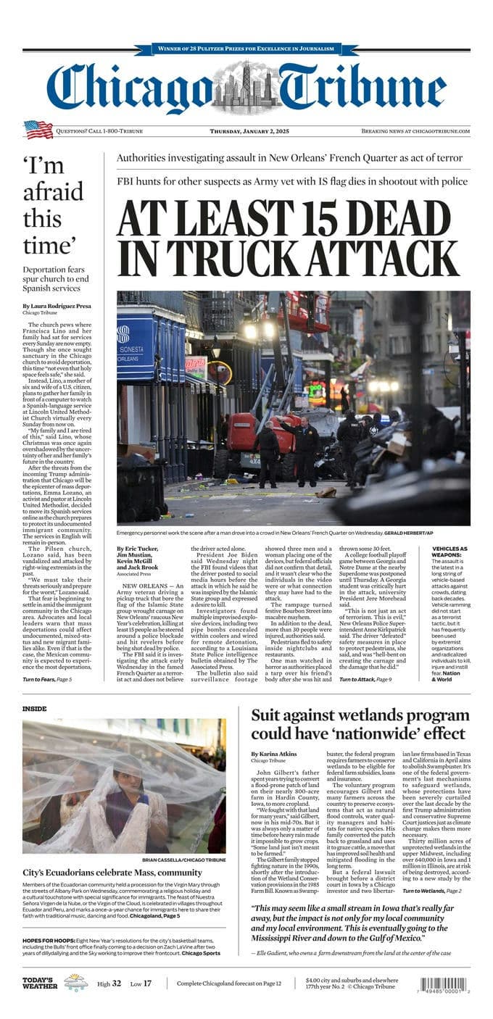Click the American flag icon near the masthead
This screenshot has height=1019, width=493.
pyautogui.click(x=38, y=130)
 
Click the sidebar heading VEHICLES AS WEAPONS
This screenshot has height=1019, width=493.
pyautogui.click(x=449, y=552)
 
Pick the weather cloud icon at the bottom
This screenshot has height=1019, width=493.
pyautogui.click(x=75, y=983)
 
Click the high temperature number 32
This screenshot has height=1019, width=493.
pyautogui.click(x=117, y=983)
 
